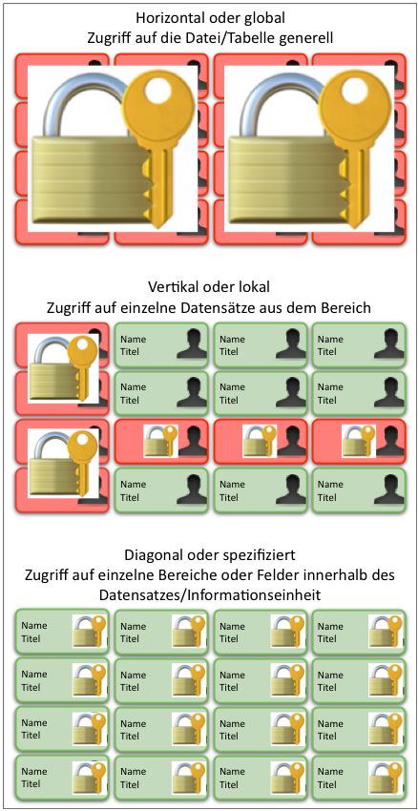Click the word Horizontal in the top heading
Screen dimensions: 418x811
click(167, 18)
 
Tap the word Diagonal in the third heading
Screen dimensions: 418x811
click(151, 556)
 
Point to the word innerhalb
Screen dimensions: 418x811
click(326, 575)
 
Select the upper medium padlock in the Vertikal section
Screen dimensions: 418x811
click(63, 368)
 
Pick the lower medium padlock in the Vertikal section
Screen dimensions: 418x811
click(63, 464)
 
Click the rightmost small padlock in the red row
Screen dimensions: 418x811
click(359, 441)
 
